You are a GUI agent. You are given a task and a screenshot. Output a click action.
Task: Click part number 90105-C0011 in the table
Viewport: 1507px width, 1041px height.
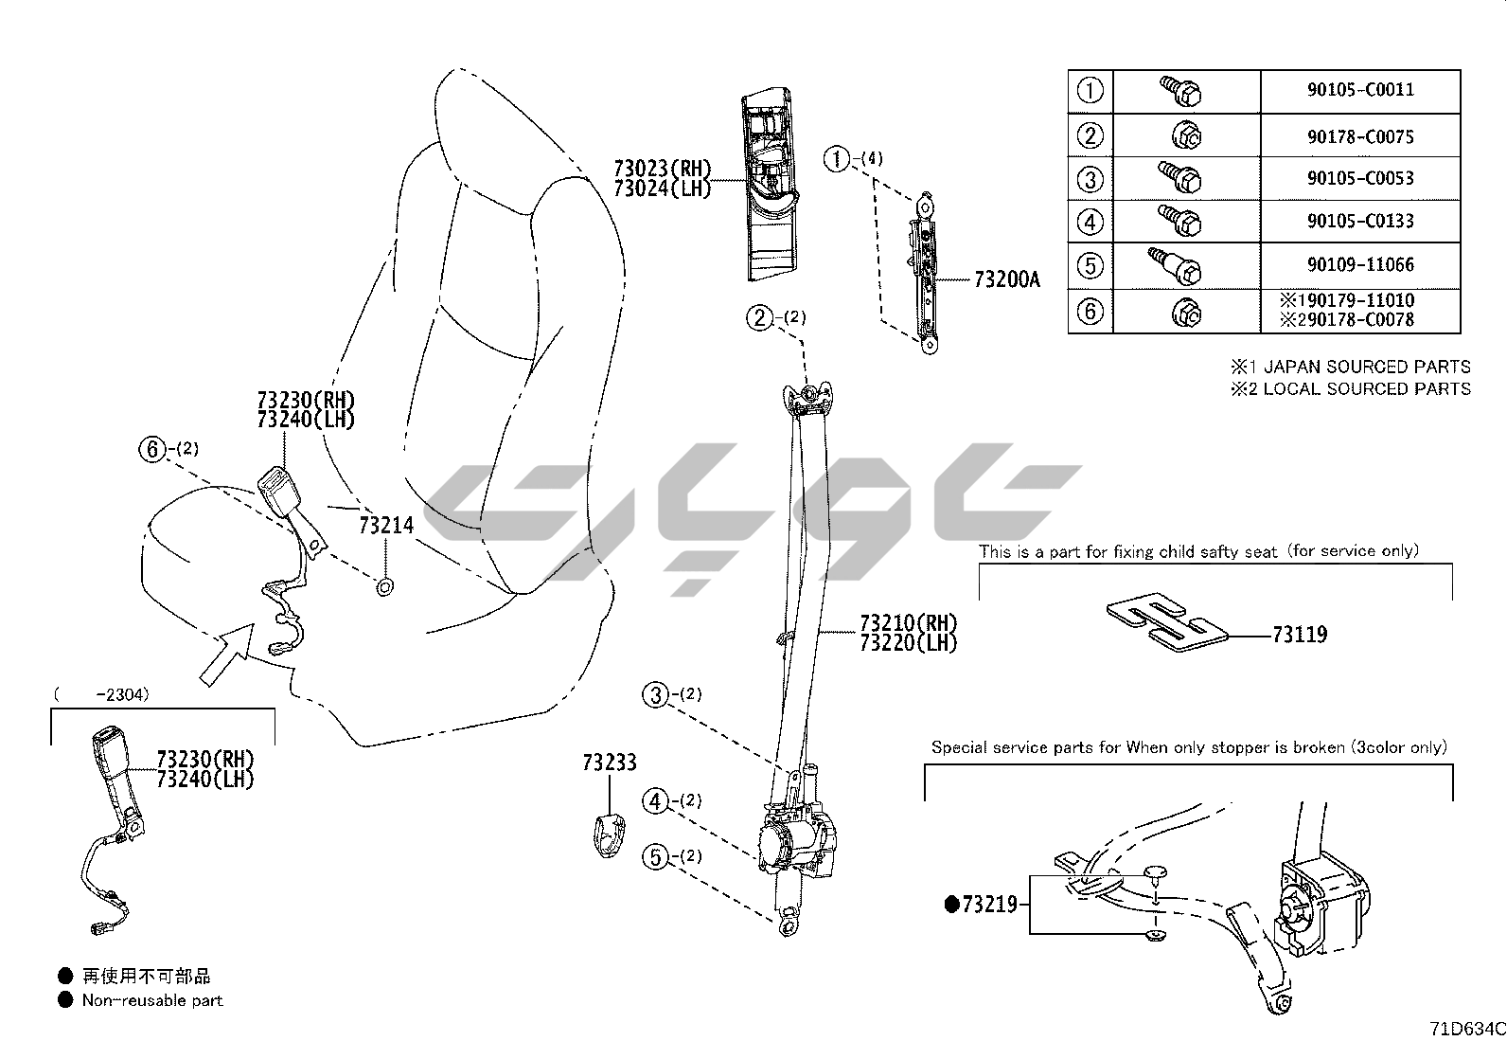(x=1360, y=90)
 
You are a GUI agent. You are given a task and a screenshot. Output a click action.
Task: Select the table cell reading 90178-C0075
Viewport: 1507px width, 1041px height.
(x=1360, y=136)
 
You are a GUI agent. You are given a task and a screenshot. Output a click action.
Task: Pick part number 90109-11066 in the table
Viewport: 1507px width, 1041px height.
(x=1360, y=264)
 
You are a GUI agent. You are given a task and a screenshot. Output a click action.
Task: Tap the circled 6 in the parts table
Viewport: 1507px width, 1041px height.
(x=1090, y=311)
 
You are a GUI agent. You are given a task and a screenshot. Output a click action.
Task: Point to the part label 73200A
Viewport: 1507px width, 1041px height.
(x=1006, y=280)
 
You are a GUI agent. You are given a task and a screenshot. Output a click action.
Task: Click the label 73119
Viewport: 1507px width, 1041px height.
(x=1299, y=635)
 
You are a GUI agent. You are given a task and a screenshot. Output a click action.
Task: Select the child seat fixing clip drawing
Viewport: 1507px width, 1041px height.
(x=1166, y=623)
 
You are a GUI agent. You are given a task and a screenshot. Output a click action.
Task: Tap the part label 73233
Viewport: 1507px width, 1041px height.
(x=610, y=763)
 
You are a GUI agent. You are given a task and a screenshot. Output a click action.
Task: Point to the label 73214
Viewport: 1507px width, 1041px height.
(x=386, y=525)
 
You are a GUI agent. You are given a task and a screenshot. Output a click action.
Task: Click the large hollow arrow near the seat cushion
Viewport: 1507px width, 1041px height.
(x=226, y=655)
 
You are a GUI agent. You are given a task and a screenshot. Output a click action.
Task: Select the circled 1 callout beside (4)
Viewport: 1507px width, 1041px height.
(x=837, y=160)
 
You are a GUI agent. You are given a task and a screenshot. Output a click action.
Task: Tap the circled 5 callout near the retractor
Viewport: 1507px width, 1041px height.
(x=655, y=857)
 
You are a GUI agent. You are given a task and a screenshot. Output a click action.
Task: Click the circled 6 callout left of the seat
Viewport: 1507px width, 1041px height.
(x=152, y=450)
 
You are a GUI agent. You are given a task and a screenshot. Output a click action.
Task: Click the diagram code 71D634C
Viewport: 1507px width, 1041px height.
(x=1466, y=1029)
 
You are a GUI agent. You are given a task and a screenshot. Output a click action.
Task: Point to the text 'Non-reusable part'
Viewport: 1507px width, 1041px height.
(x=152, y=1000)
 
